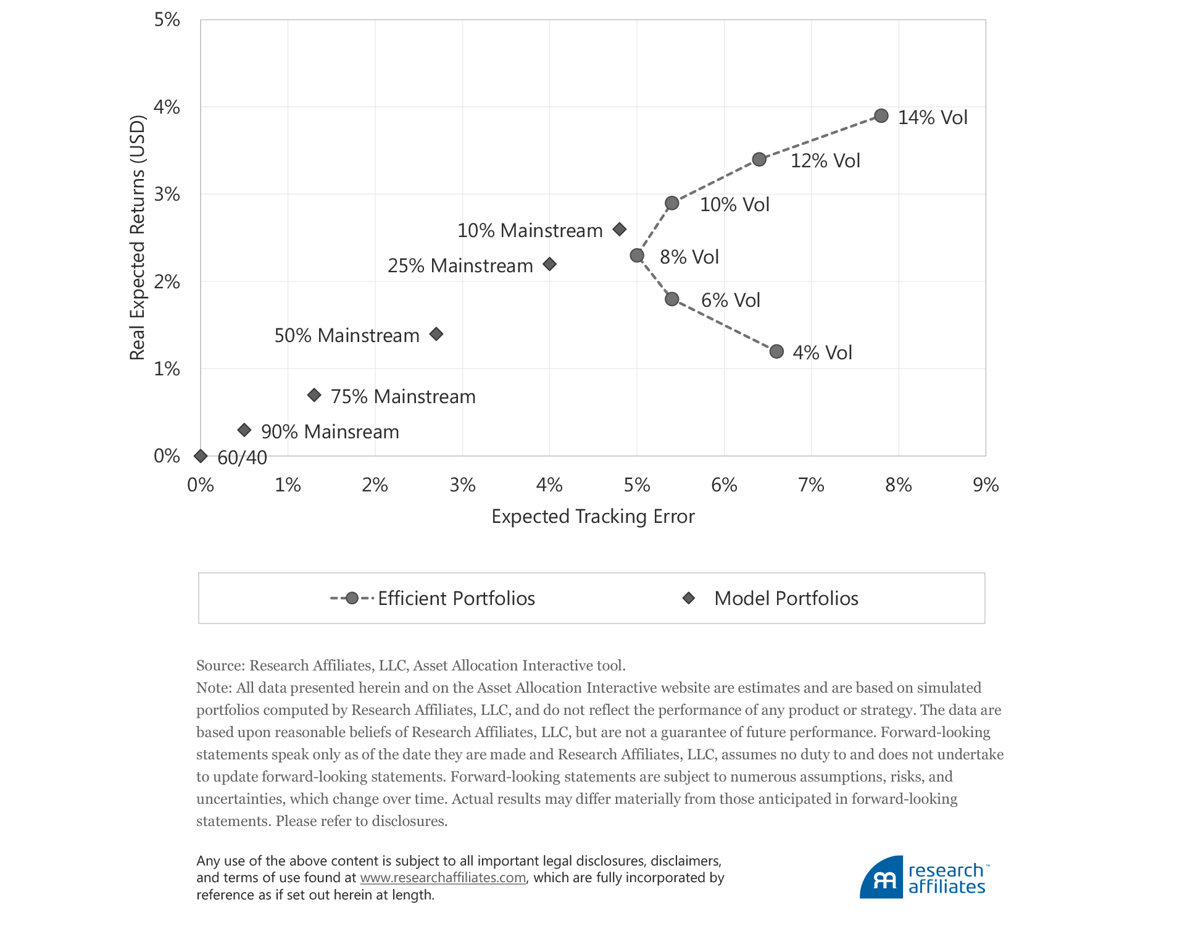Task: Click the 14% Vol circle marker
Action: (881, 116)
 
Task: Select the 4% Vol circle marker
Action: (776, 351)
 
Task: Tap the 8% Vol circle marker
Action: (637, 256)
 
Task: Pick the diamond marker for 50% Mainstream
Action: (436, 334)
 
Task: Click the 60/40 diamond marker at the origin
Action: (201, 456)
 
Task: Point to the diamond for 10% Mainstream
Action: (620, 230)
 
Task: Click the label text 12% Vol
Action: (825, 161)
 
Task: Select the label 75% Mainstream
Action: (403, 396)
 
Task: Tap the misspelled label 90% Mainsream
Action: (330, 432)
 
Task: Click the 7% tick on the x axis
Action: (811, 485)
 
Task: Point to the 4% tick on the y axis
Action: (167, 107)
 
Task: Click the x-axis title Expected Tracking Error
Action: (592, 516)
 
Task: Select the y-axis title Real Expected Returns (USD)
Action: (137, 238)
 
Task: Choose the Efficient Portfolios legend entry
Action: (455, 598)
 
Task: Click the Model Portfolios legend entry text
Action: (786, 598)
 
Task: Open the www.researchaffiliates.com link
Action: (443, 878)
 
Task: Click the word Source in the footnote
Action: (220, 665)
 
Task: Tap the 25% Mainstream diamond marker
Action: (549, 264)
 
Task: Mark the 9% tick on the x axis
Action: (985, 485)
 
